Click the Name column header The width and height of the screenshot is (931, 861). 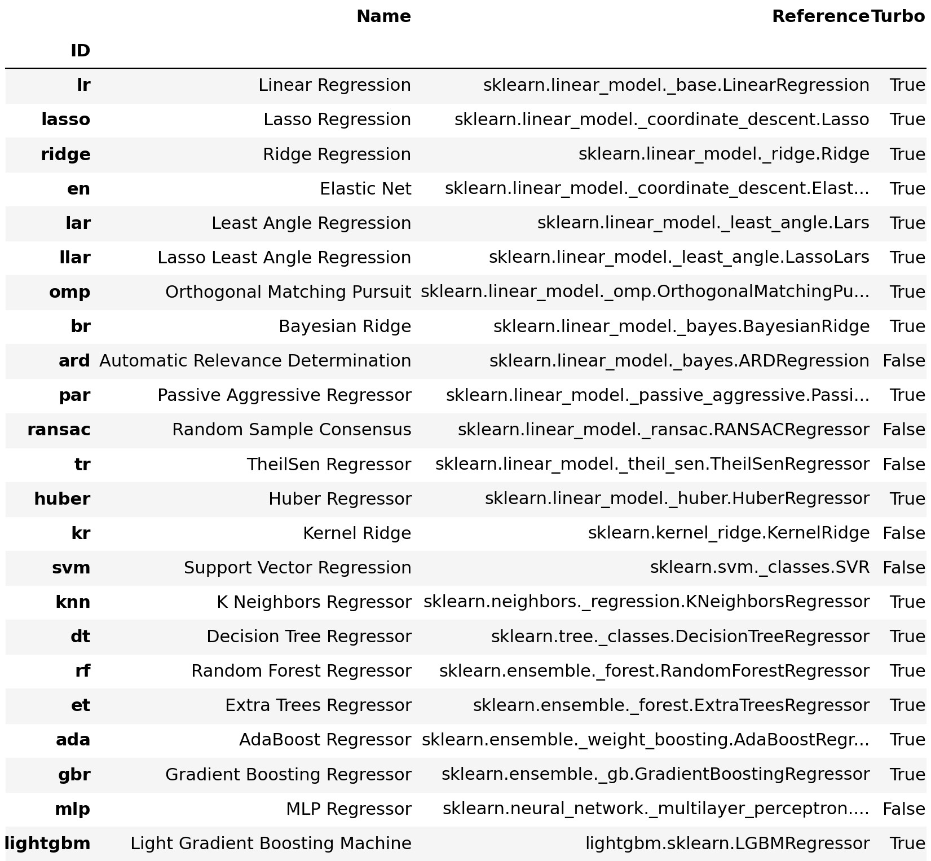pos(383,17)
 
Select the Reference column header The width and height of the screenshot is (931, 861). pos(820,17)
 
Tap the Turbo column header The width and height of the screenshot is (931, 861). pos(898,17)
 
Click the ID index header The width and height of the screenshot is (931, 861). pos(80,51)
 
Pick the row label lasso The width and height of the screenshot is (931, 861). pos(65,120)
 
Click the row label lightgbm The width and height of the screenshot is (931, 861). pos(47,844)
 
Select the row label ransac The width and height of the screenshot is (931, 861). pos(59,430)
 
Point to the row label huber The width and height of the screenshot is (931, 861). pos(62,499)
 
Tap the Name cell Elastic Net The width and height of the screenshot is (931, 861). pos(365,189)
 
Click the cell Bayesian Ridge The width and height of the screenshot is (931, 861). pos(345,326)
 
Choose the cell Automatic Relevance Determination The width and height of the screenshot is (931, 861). pos(255,361)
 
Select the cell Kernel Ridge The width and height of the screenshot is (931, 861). pos(357,533)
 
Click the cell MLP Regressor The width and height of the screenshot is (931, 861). pos(348,809)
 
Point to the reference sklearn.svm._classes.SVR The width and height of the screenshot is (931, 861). pos(759,568)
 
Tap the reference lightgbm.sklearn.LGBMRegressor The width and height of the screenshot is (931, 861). pos(727,844)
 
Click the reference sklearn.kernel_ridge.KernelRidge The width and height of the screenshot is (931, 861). pos(729,533)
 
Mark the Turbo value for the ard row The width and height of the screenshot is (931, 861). pos(903,361)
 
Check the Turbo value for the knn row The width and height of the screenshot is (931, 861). pos(907,602)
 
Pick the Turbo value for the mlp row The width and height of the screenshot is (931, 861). pos(903,809)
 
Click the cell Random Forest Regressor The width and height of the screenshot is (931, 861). pos(301,671)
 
